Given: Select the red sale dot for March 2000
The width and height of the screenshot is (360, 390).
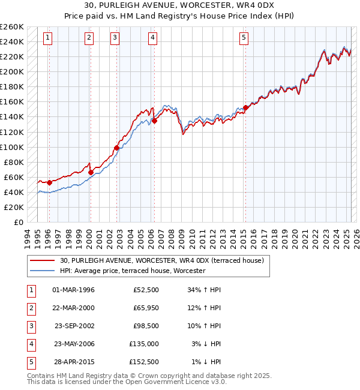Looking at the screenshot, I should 91,172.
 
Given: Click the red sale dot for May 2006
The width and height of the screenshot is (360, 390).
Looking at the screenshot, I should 154,121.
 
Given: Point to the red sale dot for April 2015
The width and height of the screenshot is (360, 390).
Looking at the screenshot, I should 245,107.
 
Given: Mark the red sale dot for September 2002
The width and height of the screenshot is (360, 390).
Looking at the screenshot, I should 116,148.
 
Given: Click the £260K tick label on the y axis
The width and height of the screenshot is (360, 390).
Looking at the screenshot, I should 11,27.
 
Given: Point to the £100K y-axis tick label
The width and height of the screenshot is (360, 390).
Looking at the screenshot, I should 11,147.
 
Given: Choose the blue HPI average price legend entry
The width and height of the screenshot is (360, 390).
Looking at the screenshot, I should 133,271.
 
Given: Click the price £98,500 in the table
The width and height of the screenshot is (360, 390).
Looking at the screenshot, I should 146,326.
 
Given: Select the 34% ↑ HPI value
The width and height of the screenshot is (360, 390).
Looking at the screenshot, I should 204,290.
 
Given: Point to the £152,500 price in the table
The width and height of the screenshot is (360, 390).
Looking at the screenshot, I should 145,362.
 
